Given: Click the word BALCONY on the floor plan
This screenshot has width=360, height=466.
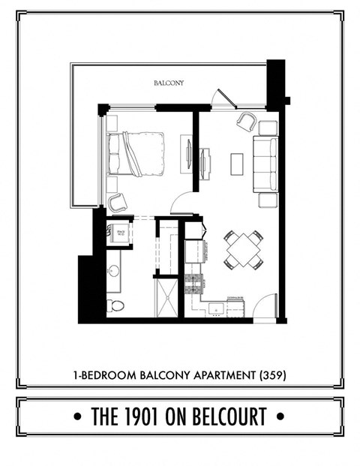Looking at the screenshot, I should tap(169, 83).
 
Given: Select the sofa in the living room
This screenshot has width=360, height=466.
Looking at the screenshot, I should tap(265, 163).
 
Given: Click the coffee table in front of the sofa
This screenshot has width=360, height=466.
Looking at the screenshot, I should tap(237, 163).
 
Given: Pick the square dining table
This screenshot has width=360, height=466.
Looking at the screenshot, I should tap(244, 250).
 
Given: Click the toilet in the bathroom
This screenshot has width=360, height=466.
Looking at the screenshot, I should tap(115, 305).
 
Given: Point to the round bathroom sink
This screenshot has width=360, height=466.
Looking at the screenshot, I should tap(114, 272).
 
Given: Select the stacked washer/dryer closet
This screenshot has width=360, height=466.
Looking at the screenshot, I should tap(120, 235).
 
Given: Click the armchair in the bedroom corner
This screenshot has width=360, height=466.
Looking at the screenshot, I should tap(116, 201).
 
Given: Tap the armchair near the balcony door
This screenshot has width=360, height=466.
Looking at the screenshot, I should tap(246, 121).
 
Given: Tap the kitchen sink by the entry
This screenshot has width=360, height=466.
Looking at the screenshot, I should tap(215, 308).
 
